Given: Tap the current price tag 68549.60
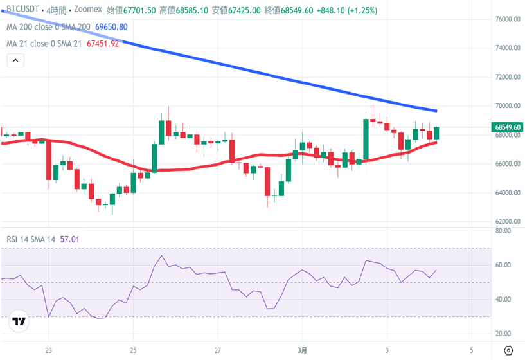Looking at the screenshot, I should pos(507,127).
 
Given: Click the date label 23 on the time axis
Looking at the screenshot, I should pos(48,350).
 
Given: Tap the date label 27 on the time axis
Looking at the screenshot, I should pos(218,350).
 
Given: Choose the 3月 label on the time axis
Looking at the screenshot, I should pos(303,350).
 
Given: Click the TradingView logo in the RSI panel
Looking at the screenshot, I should pos(19,322).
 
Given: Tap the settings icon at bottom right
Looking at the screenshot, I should pos(508,350).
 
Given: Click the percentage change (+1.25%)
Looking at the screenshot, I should pos(360,10).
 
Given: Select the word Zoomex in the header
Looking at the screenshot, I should pos(87,10).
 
